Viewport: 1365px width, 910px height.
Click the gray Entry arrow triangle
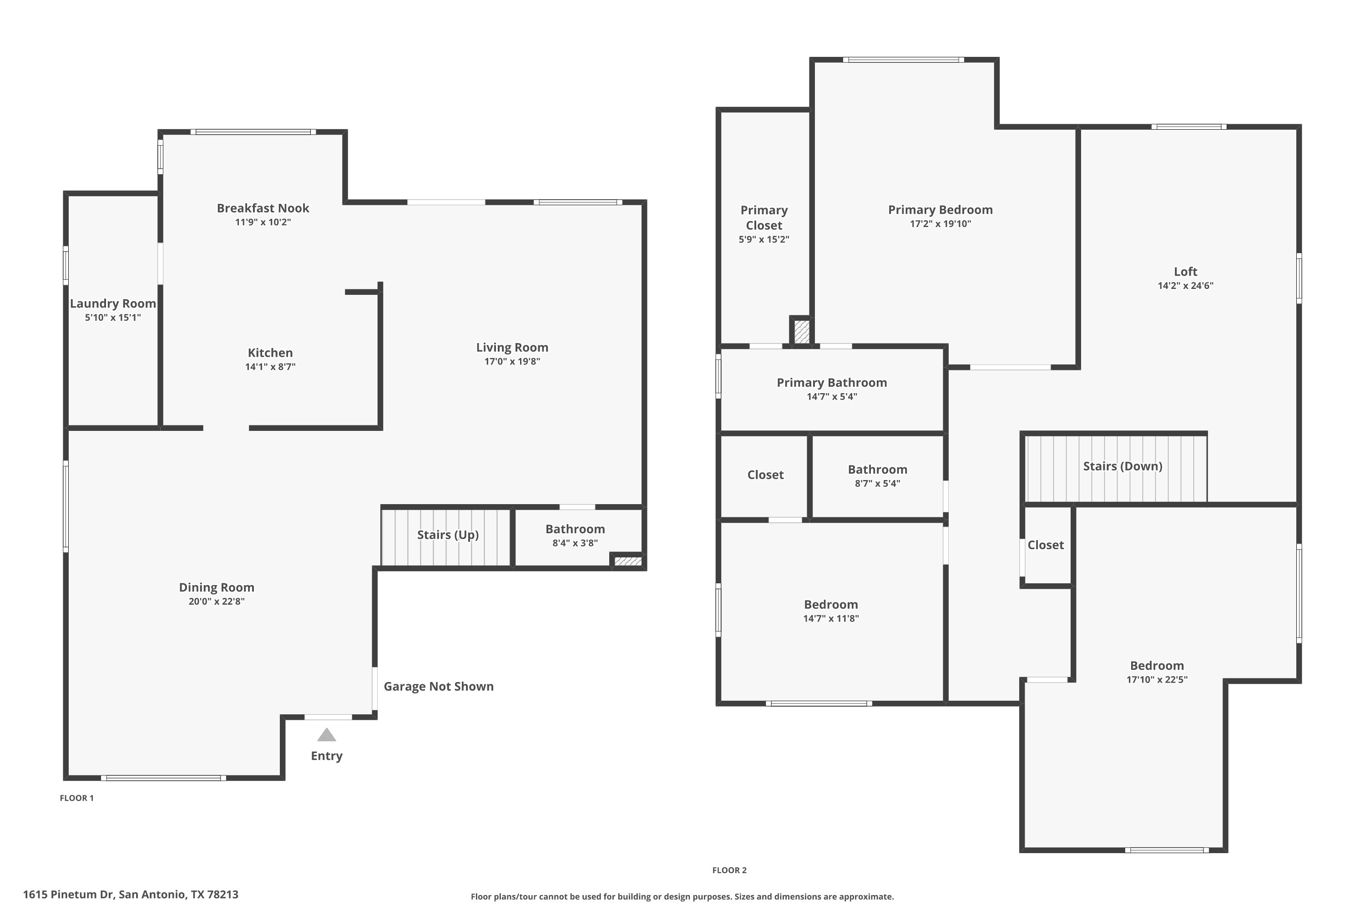(327, 735)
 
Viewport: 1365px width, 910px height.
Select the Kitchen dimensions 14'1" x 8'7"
(270, 367)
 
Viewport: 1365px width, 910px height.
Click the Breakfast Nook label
(263, 208)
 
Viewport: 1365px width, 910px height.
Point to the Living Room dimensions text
(512, 362)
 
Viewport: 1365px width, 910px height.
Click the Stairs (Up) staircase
(446, 537)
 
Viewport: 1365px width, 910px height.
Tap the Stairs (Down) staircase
(1116, 468)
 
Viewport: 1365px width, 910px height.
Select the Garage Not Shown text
(439, 687)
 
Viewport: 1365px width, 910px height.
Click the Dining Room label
(217, 587)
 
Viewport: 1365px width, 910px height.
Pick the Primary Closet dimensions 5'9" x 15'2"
(764, 240)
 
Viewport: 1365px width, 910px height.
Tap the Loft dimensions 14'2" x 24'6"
(1186, 286)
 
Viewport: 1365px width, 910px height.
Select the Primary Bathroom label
(832, 383)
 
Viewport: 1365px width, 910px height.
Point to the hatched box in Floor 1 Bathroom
(628, 561)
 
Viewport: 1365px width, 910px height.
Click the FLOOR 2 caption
(729, 870)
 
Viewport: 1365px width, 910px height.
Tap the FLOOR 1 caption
(76, 798)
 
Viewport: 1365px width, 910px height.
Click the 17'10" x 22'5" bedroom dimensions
(1157, 680)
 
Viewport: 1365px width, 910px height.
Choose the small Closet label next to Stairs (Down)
(1046, 545)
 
